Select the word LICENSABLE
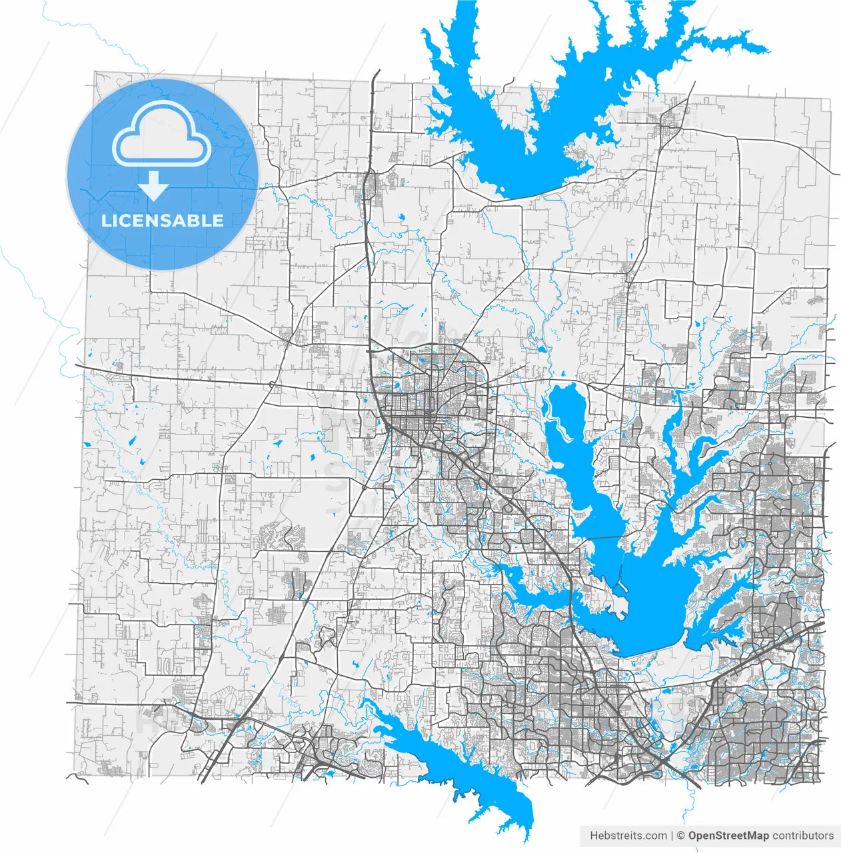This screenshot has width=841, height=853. coord(162,221)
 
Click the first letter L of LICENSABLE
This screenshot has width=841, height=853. coord(105,221)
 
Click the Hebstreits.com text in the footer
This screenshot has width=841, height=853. coord(628,836)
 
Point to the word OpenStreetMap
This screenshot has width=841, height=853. coord(728,836)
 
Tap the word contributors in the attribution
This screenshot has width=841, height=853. coord(803,836)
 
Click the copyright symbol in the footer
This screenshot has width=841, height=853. coord(680,836)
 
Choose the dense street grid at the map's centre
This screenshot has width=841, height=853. coord(413,413)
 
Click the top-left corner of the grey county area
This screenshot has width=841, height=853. coord(95,72)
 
